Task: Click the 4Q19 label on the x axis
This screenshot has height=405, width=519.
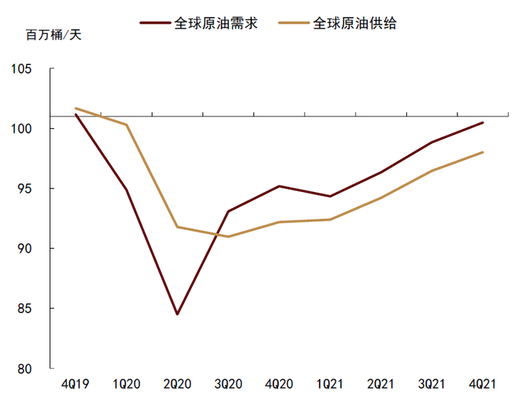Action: point(76,383)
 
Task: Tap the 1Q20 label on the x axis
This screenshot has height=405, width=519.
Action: point(127,383)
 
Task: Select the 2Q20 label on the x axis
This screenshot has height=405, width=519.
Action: point(177,383)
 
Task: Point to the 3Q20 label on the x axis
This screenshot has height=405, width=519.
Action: point(228,383)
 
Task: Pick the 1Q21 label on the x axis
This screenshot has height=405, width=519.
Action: point(330,383)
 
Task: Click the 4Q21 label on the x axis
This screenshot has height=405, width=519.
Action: point(483,383)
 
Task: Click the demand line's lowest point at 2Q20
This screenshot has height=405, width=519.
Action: point(177,314)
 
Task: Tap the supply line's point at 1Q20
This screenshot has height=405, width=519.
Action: point(127,125)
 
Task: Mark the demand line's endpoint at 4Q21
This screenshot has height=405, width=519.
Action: point(483,122)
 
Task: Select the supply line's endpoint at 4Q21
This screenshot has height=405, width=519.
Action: point(483,153)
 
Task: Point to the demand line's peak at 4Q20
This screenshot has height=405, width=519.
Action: point(279,186)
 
